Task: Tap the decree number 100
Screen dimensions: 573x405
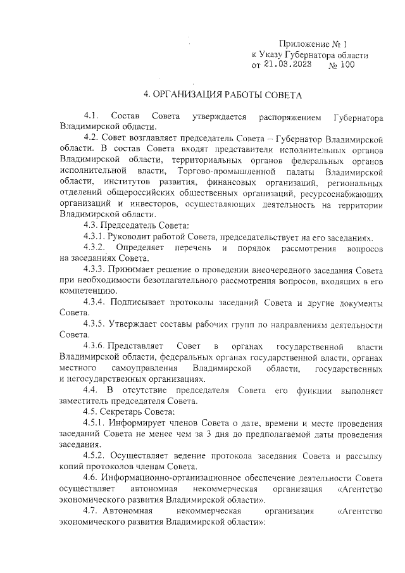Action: pyautogui.click(x=347, y=65)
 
